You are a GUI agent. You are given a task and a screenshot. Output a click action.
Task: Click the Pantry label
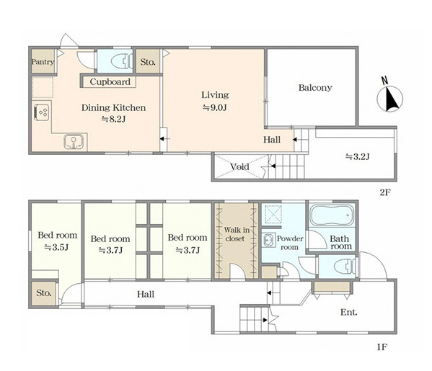[43, 62]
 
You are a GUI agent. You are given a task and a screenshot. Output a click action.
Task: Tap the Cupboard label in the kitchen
[110, 81]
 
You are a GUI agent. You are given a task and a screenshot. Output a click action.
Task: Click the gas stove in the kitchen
[42, 112]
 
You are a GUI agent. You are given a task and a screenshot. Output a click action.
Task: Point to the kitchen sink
[74, 141]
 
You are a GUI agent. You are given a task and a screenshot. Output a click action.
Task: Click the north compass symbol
[389, 97]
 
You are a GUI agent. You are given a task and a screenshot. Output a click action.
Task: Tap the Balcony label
[315, 88]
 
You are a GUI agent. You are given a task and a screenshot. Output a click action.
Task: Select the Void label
[239, 167]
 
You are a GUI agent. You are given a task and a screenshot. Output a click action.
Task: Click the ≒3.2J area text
[357, 156]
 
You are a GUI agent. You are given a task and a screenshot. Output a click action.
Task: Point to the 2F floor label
[385, 192]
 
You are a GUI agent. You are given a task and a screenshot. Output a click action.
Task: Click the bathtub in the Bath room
[332, 215]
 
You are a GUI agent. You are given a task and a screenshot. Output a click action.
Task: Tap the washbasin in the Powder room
[268, 240]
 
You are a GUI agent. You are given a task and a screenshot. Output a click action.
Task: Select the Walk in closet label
[237, 234]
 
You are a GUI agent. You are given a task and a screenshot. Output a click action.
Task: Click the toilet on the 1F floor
[345, 266]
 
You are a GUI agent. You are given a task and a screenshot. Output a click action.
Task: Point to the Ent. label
[349, 313]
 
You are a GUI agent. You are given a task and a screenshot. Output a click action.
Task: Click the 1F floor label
[382, 347]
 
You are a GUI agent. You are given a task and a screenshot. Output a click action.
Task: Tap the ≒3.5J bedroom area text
[56, 247]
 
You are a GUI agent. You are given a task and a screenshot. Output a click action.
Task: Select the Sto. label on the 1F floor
[44, 292]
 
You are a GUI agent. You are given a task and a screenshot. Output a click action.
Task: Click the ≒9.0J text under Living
[215, 107]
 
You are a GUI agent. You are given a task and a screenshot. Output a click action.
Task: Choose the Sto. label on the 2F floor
[148, 62]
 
